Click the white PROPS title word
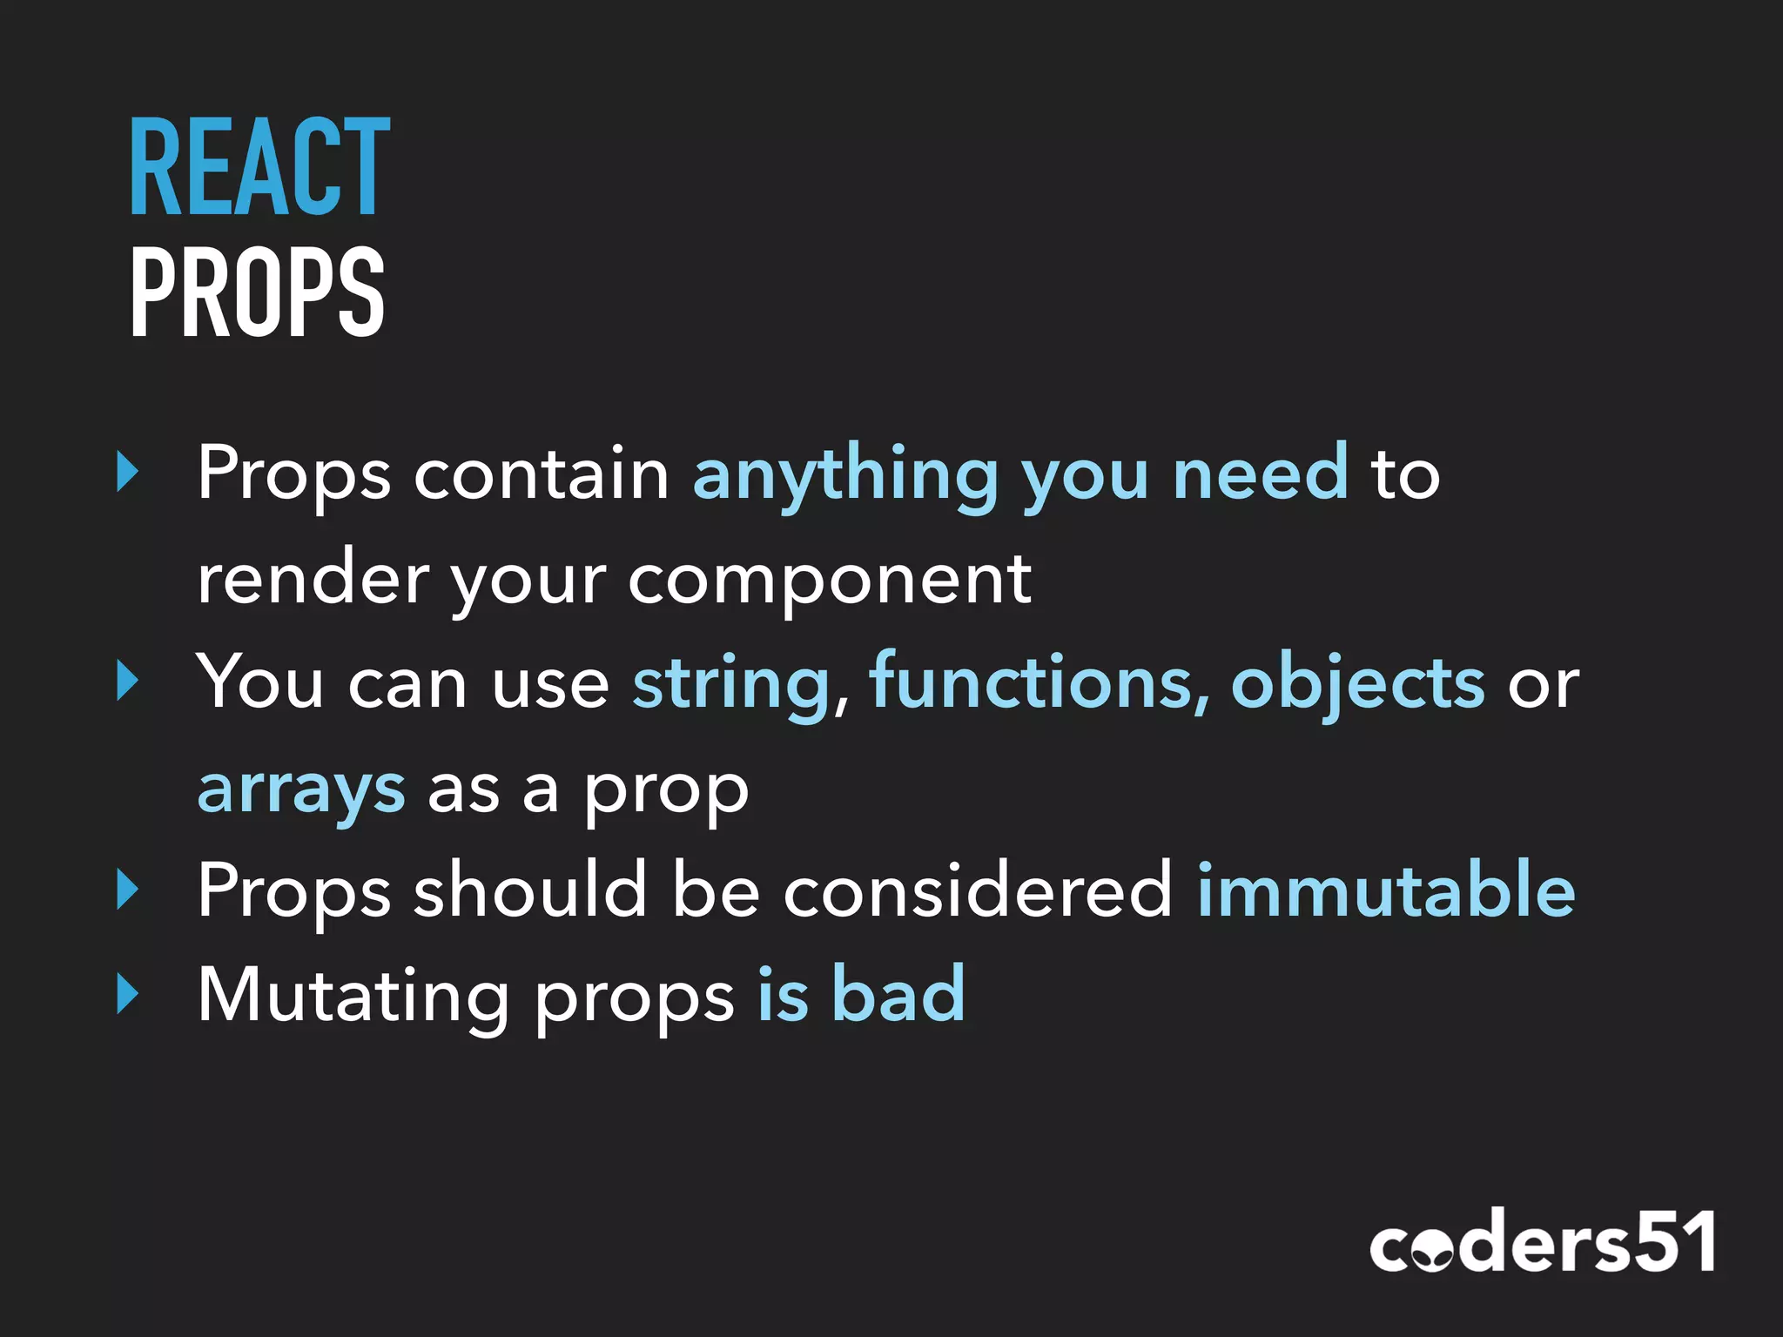pos(257,292)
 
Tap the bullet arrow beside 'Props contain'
pos(128,473)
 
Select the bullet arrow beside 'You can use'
pos(128,682)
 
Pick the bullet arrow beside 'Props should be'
pos(128,890)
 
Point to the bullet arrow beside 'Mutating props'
pos(128,994)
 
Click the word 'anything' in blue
pos(845,474)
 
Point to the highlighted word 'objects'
pos(1358,683)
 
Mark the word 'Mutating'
pos(353,996)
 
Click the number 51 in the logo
pos(1672,1242)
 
